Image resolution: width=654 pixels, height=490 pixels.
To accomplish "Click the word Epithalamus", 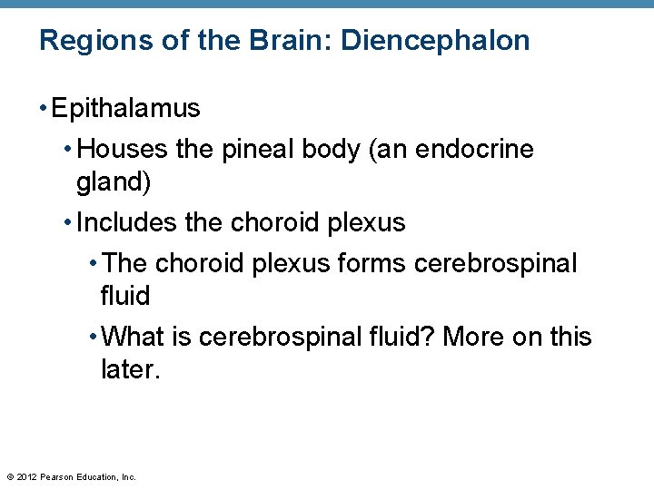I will (126, 109).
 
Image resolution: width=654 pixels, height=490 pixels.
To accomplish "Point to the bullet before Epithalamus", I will (44, 109).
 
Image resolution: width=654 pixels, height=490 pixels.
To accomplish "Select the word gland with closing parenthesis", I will (114, 181).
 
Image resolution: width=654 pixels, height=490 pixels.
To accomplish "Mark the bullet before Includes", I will (69, 222).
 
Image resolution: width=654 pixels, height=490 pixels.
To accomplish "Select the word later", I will (130, 369).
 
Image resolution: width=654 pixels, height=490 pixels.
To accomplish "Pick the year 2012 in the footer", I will (26, 476).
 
